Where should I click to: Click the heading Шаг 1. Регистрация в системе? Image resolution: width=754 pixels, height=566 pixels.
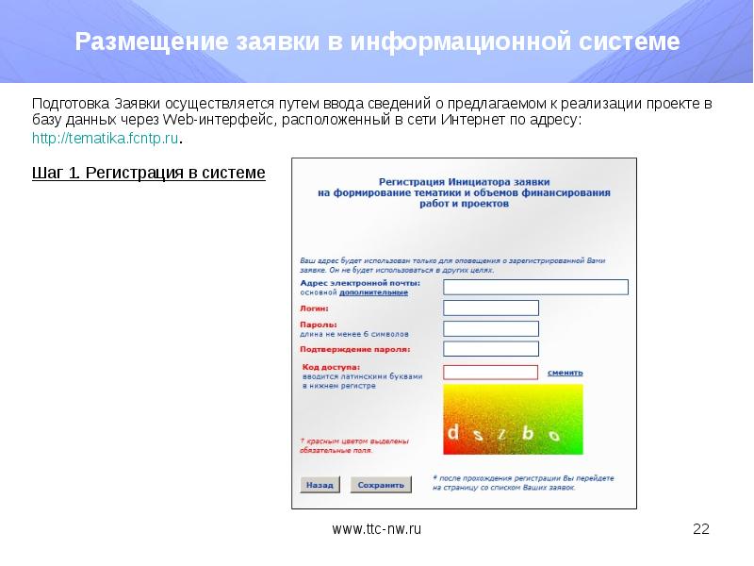pos(149,174)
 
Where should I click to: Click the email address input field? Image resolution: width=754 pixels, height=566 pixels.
pos(535,287)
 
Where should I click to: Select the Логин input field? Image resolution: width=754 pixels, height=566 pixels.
pos(490,308)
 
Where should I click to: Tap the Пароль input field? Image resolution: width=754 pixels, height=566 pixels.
pos(490,328)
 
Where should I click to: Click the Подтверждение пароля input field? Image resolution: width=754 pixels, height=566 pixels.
pos(490,349)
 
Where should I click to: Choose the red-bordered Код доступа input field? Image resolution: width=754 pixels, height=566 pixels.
pos(490,373)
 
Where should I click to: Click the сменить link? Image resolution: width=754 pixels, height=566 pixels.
pos(564,373)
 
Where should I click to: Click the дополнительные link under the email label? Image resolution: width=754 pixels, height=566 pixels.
pos(381,292)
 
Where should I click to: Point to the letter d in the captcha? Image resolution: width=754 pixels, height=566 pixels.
pos(453,432)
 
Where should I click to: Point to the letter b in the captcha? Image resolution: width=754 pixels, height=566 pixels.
pos(528,433)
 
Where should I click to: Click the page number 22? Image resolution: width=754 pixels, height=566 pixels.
pos(700,529)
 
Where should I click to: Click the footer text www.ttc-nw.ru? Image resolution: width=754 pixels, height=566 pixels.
pos(376,529)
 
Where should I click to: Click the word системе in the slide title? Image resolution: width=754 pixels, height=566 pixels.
pos(631,43)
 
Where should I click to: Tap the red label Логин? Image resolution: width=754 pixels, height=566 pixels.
pos(314,308)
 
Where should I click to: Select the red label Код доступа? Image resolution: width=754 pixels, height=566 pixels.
pos(331,365)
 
